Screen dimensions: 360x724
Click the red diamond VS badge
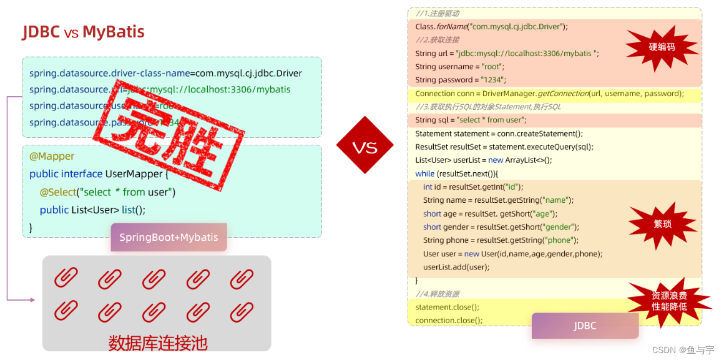(x=364, y=147)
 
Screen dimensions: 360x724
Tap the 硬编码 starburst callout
(x=662, y=47)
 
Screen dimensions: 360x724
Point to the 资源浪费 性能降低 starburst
(x=669, y=301)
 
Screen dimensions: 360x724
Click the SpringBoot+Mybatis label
(x=169, y=237)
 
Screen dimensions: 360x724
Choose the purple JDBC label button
(x=585, y=326)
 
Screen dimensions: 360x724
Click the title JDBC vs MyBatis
(x=84, y=32)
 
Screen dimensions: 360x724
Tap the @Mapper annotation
(x=52, y=156)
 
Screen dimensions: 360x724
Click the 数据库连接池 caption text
(x=157, y=343)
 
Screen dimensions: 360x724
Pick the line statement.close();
(x=448, y=307)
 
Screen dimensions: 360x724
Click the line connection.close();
(x=449, y=320)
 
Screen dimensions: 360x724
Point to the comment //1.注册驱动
(x=438, y=13)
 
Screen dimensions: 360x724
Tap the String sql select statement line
(x=471, y=120)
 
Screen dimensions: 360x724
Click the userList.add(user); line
(x=456, y=267)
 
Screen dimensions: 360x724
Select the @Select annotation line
(x=107, y=192)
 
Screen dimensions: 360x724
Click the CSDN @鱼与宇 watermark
(x=683, y=350)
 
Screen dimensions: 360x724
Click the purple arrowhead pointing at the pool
(x=32, y=300)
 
